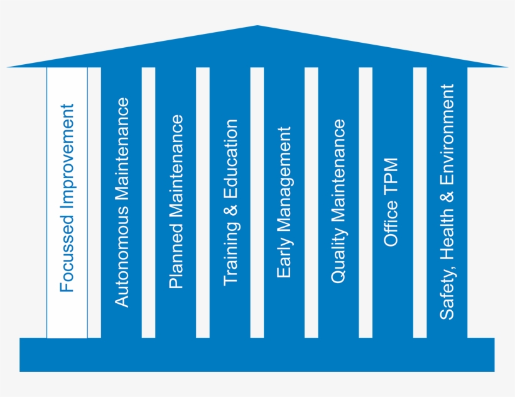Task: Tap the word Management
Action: [x=285, y=179]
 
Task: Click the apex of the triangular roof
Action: [x=257, y=26]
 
